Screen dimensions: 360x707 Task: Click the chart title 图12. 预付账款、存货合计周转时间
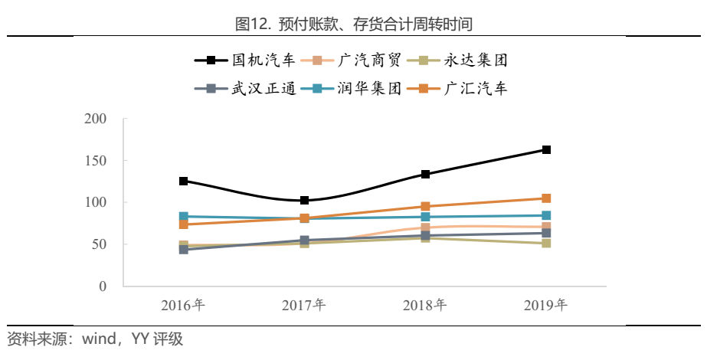tap(354, 24)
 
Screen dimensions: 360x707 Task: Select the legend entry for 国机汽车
tap(250, 60)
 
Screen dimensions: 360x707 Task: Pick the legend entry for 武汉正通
tap(250, 88)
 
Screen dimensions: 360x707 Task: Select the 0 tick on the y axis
tap(102, 286)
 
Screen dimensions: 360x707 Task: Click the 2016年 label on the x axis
tap(183, 306)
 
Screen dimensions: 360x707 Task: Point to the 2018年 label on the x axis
tap(425, 306)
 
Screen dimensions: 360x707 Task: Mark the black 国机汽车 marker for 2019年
tap(546, 150)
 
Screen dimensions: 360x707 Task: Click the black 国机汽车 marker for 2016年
tap(184, 181)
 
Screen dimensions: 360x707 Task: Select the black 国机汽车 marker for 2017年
tap(305, 201)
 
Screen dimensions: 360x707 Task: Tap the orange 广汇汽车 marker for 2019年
tap(546, 198)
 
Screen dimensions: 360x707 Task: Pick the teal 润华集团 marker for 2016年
tap(184, 217)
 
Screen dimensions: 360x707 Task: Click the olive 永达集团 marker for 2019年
tap(546, 244)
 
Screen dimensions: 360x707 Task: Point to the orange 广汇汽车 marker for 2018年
tap(425, 207)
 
